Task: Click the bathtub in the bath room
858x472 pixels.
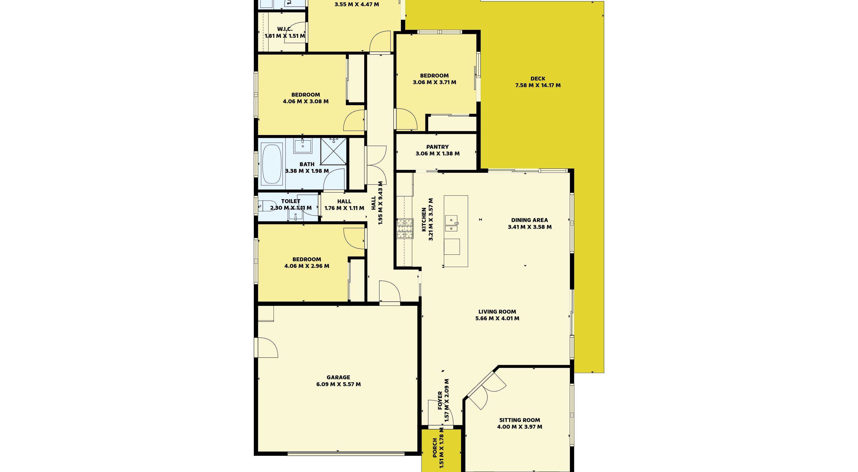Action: (x=272, y=164)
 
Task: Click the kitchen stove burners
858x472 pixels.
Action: (x=405, y=228)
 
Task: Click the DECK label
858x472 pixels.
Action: (x=538, y=79)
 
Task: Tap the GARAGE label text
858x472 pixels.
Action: (x=338, y=377)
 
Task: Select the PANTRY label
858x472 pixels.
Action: (x=437, y=147)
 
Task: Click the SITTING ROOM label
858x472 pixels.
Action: (x=520, y=420)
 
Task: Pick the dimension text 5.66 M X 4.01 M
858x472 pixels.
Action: (x=497, y=318)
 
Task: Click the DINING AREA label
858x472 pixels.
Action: (x=529, y=220)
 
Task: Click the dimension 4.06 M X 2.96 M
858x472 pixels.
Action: (x=307, y=266)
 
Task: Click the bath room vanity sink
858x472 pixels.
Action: (x=303, y=146)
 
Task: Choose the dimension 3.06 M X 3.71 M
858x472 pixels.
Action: (x=434, y=82)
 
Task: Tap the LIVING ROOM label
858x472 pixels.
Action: (x=497, y=312)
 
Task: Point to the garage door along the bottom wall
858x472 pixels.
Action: (x=346, y=453)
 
